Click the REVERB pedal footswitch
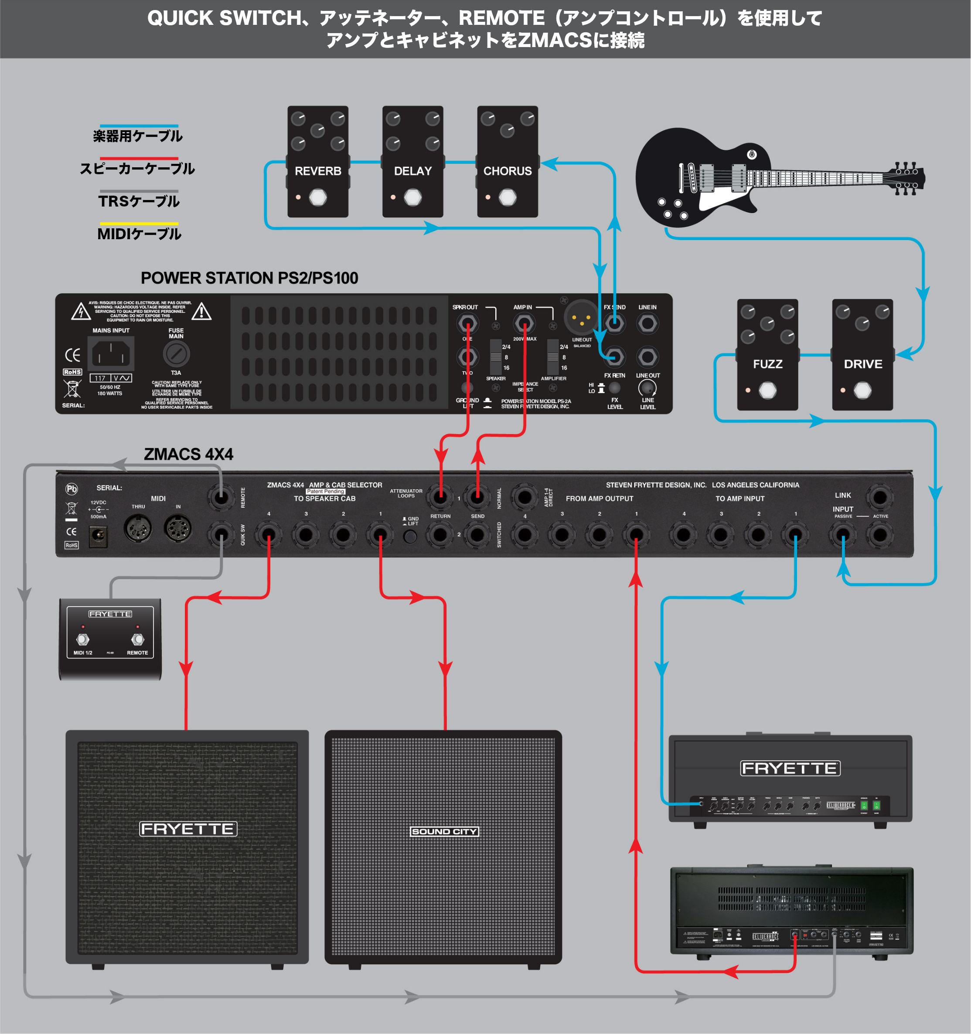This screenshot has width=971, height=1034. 318,198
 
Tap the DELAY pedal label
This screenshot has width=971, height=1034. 412,171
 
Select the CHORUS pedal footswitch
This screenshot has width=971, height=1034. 508,198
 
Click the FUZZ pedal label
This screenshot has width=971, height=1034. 767,364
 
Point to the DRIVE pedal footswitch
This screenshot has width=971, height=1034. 862,390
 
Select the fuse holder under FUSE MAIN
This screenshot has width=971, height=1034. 177,354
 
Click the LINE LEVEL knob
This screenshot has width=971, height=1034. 647,388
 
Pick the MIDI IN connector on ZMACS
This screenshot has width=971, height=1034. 178,529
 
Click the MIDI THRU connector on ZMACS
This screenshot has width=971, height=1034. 138,529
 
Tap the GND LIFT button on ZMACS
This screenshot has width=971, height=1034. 410,536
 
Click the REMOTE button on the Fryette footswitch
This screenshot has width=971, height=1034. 137,639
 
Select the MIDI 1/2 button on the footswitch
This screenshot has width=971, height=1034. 83,639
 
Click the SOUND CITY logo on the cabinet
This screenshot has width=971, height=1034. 444,831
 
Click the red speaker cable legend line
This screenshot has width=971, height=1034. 139,159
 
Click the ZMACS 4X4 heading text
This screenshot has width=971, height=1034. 188,454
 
